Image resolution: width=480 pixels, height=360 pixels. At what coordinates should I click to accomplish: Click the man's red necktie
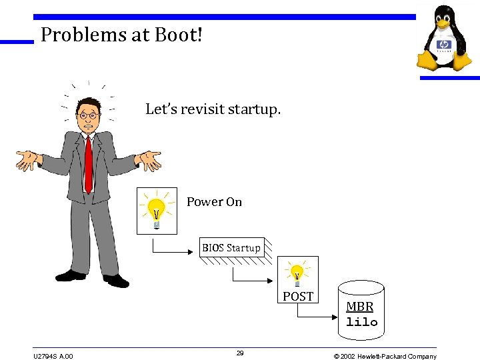(88, 163)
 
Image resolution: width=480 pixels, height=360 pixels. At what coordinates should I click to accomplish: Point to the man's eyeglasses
(89, 115)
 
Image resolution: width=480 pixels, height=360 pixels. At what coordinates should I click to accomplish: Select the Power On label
(214, 201)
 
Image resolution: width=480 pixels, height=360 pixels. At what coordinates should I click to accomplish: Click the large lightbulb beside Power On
(157, 210)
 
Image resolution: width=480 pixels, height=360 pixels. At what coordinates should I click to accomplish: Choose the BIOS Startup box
(231, 248)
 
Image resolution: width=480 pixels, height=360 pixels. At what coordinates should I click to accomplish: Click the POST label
(298, 297)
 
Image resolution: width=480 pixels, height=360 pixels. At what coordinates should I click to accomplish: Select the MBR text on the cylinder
(360, 307)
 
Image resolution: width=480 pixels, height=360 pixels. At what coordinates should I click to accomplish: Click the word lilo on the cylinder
(361, 322)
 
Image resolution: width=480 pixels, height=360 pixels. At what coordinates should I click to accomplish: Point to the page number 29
(240, 353)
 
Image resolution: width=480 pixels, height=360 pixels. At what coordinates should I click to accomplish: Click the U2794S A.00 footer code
(53, 356)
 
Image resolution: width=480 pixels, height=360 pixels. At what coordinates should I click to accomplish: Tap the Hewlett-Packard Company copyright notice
(385, 356)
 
